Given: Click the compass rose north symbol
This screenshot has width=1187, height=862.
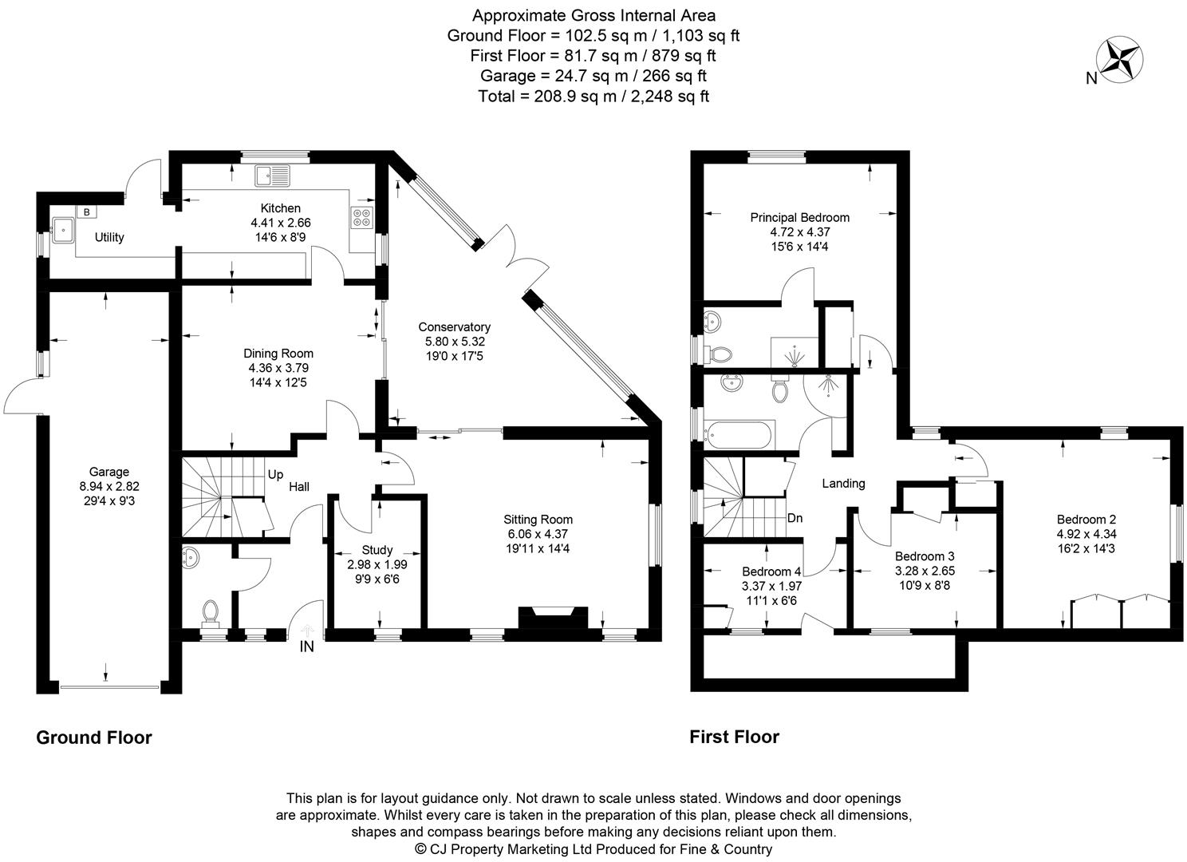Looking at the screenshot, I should point(1120,59).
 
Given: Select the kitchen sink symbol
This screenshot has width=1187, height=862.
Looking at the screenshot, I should point(274,176).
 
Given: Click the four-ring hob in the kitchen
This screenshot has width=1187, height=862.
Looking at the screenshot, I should point(361,216).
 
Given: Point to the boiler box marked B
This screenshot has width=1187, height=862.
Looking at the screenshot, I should point(85,212).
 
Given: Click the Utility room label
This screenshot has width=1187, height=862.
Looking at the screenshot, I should point(109,237).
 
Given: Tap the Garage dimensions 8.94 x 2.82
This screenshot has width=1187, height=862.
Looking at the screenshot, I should point(108,486).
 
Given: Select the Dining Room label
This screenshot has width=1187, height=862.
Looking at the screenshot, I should point(278,354).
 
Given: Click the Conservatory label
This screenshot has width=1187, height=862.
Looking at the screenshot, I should point(454,327).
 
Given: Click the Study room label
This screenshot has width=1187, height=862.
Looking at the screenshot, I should point(377,550).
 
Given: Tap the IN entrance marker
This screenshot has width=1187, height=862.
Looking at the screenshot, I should point(307,647).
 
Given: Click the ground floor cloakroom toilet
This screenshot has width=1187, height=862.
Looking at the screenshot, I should point(211,612).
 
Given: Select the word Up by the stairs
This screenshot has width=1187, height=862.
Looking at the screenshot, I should point(275,474).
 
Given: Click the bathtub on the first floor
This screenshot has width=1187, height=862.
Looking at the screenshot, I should point(739,436).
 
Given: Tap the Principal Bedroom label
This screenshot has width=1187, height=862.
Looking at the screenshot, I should point(799,217).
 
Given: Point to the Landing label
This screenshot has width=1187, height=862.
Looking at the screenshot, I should point(843,483).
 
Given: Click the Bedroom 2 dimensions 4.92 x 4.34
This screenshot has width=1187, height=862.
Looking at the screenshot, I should point(1097,534).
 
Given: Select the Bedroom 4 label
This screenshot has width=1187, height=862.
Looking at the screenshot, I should point(771,571).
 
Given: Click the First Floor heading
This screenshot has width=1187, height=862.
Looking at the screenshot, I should point(734,737).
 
